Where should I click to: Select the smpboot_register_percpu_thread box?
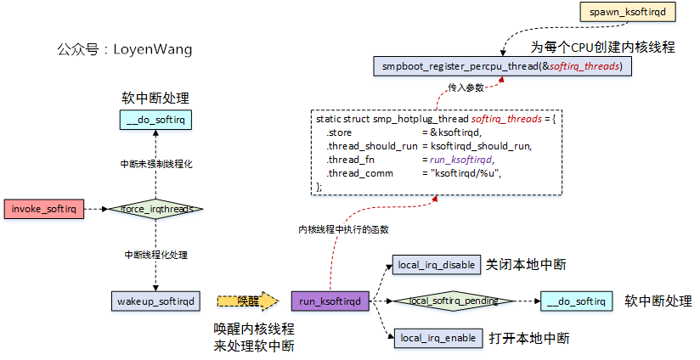501,66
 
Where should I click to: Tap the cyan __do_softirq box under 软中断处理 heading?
155,121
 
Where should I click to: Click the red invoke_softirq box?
44,208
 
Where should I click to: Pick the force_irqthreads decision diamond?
155,208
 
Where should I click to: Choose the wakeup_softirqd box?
155,301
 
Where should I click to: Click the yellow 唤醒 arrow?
247,301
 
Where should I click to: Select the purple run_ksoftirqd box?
330,301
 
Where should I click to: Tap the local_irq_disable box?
436,265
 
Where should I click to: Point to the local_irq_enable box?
436,338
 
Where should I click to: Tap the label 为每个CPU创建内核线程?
603,47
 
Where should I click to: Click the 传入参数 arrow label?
466,87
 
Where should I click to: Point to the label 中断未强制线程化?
155,163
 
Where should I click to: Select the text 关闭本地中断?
527,265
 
